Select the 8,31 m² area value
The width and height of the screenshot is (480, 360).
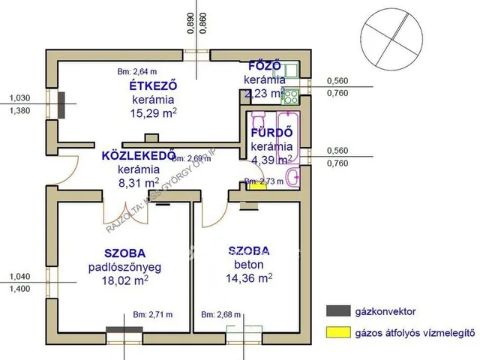(x=138, y=181)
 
